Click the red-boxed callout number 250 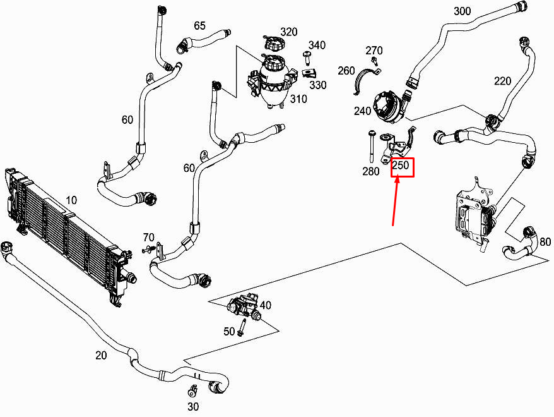(402, 167)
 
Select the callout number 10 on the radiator (71, 200)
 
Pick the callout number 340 (317, 45)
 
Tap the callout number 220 (502, 81)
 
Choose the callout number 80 (545, 241)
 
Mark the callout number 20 (101, 355)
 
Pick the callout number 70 (148, 238)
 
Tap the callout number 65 (199, 26)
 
